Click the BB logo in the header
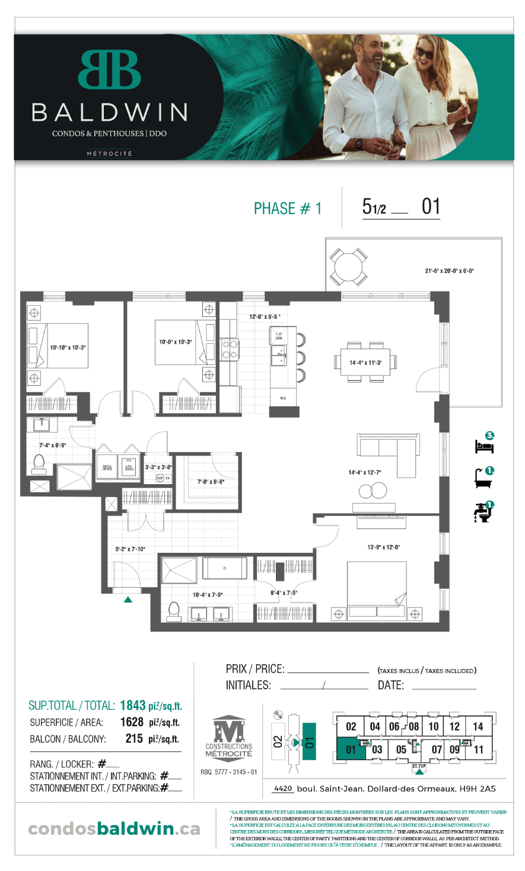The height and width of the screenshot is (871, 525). (x=109, y=70)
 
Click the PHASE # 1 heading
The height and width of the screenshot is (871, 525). (x=287, y=209)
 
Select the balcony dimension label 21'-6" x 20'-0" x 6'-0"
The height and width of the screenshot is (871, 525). (x=449, y=271)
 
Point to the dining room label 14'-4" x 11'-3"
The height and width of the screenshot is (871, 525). (x=365, y=363)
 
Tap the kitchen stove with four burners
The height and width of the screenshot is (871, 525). (x=230, y=349)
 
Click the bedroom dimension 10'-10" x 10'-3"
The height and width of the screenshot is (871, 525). (x=68, y=347)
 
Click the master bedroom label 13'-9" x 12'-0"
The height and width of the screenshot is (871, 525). (x=383, y=547)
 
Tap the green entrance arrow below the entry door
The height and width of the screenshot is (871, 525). (x=128, y=600)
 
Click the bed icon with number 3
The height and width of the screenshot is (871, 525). (x=485, y=444)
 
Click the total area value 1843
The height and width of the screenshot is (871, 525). (x=132, y=705)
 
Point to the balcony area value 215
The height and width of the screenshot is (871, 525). (x=134, y=739)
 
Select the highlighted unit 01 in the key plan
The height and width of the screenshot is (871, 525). (x=350, y=750)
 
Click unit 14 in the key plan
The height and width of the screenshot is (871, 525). (x=478, y=726)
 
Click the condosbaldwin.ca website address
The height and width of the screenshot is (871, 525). (x=114, y=828)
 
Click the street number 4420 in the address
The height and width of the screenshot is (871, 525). (x=283, y=789)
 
